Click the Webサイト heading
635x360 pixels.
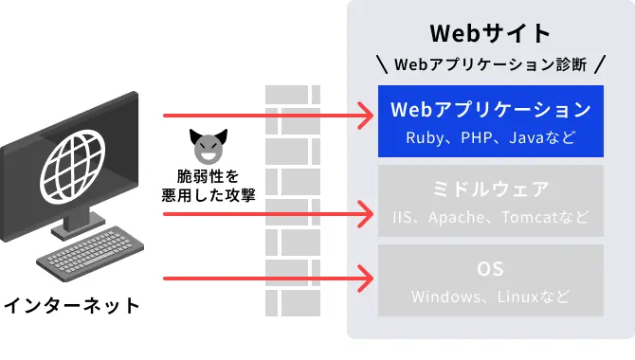pos(490,33)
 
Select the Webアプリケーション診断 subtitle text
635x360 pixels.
pos(490,65)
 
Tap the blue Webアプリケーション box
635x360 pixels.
pos(490,121)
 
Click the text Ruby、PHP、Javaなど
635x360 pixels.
pos(490,137)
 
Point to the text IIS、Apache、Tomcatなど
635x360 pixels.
pos(490,217)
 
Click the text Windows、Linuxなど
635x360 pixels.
pos(490,297)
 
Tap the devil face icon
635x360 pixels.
pos(205,146)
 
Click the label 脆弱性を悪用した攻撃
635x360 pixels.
pos(205,185)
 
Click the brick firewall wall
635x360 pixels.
pos(294,208)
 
